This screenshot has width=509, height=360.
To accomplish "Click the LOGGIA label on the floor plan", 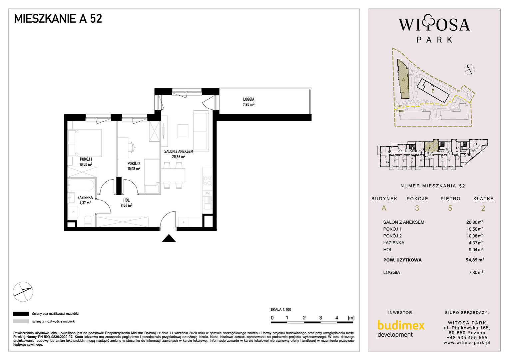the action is click(x=249, y=99).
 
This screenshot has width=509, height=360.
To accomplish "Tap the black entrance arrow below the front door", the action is click(x=169, y=238).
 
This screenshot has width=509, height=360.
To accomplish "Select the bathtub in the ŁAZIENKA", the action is click(x=81, y=185).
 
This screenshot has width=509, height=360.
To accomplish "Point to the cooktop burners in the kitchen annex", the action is click(x=208, y=181).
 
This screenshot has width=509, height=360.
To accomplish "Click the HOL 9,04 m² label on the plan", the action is click(x=127, y=203).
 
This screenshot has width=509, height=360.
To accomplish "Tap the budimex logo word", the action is click(x=401, y=325).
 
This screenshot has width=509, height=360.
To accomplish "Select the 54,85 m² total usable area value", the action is click(x=475, y=260).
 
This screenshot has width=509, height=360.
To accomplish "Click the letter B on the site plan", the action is click(x=433, y=91).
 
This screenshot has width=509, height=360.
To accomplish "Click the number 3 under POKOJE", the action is click(x=417, y=208).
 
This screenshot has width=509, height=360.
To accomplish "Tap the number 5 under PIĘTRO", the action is click(x=450, y=208).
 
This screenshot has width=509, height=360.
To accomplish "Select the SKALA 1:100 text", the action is click(x=280, y=310).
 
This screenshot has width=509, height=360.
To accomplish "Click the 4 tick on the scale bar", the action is click(x=337, y=318).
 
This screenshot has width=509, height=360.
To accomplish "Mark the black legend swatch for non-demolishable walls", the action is click(x=21, y=314).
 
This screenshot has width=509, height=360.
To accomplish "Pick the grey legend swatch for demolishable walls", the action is click(x=21, y=321).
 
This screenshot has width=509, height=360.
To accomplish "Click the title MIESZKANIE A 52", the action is click(x=58, y=19).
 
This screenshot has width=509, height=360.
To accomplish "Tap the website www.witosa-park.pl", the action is click(x=467, y=343).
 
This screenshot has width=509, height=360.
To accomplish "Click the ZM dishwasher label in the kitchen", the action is click(x=208, y=193).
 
